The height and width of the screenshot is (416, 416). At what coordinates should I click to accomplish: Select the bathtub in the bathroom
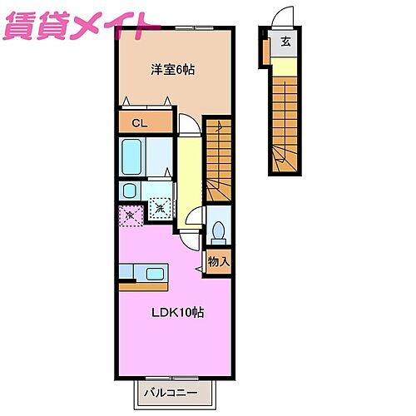pyautogui.click(x=133, y=156)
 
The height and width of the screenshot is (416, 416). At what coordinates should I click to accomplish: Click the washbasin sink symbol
pyautogui.click(x=130, y=190)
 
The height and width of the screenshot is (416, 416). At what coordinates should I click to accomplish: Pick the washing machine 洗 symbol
pyautogui.click(x=161, y=208)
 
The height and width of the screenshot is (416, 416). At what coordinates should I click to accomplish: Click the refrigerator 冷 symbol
pyautogui.click(x=131, y=215)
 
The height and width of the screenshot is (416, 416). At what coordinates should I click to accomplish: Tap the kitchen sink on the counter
pyautogui.click(x=155, y=272)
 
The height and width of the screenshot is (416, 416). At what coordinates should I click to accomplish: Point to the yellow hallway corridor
pyautogui.click(x=189, y=171)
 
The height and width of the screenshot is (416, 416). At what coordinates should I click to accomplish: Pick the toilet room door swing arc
pyautogui.click(x=195, y=220)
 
